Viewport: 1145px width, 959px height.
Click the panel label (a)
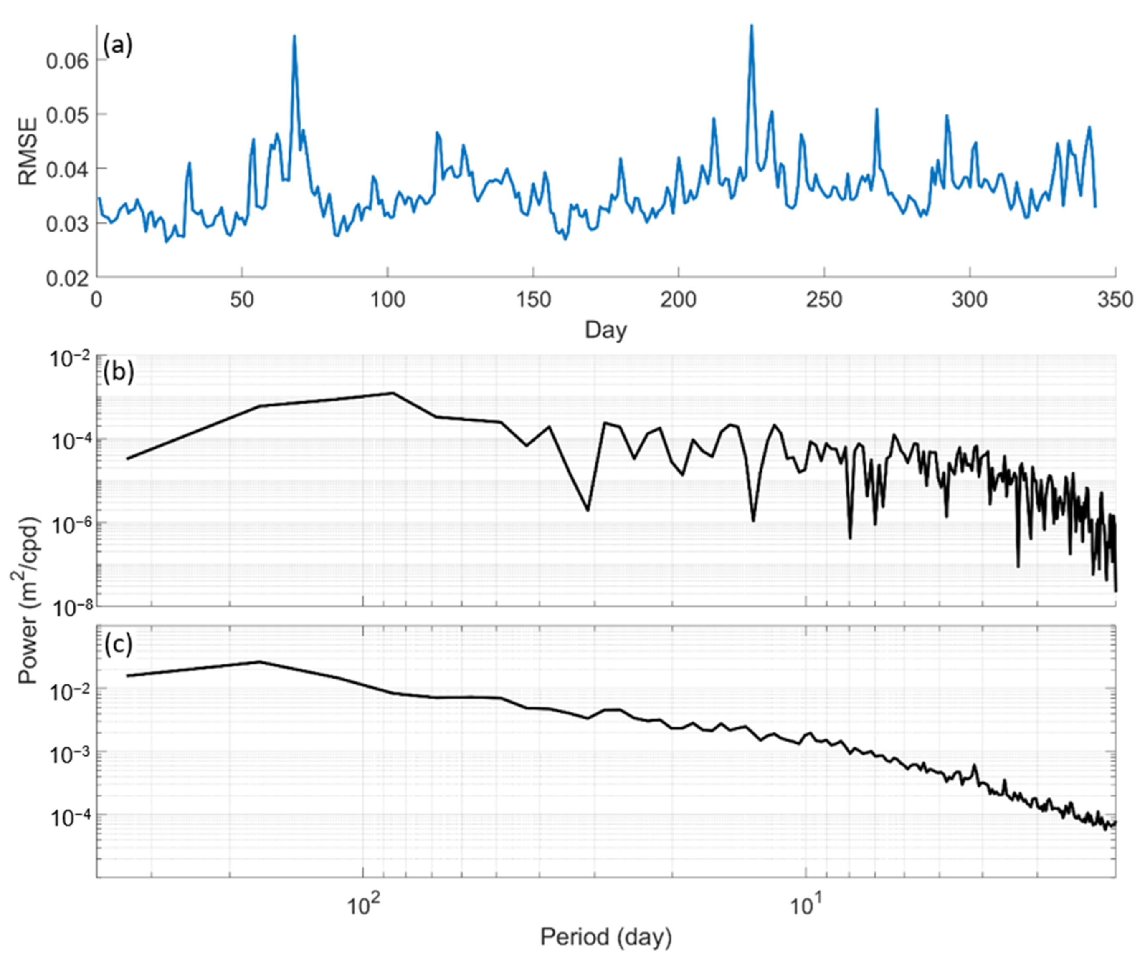point(118,47)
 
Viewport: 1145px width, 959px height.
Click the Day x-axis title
point(606,330)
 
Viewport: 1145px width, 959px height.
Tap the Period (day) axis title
point(606,936)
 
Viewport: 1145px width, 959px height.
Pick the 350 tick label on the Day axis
point(1115,300)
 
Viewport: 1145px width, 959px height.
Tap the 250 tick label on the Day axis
point(824,300)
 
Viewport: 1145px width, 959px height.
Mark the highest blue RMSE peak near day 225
point(751,25)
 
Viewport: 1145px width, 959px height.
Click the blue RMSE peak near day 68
point(294,36)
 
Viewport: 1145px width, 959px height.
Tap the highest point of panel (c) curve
point(260,662)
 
